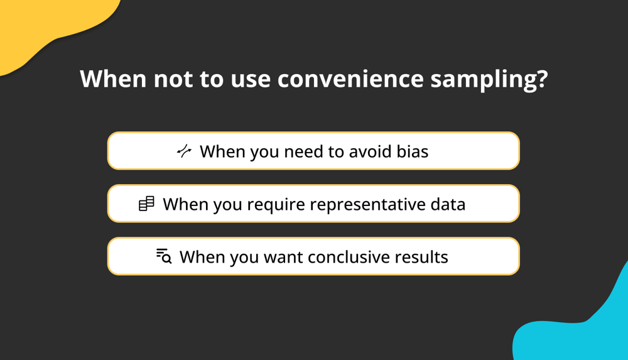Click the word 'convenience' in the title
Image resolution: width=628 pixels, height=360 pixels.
click(x=350, y=79)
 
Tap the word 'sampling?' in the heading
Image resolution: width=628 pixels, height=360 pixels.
click(x=489, y=80)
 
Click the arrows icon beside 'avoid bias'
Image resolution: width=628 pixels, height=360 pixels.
click(x=184, y=151)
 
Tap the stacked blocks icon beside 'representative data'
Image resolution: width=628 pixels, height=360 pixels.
click(x=146, y=204)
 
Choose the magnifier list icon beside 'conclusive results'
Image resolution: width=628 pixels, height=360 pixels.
click(x=164, y=256)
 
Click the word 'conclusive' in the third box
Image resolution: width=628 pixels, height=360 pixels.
click(x=349, y=257)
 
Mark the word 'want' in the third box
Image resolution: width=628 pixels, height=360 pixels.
click(x=283, y=258)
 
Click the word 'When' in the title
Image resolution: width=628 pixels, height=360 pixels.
click(x=113, y=79)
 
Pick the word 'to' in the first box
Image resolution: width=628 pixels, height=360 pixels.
click(x=336, y=152)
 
